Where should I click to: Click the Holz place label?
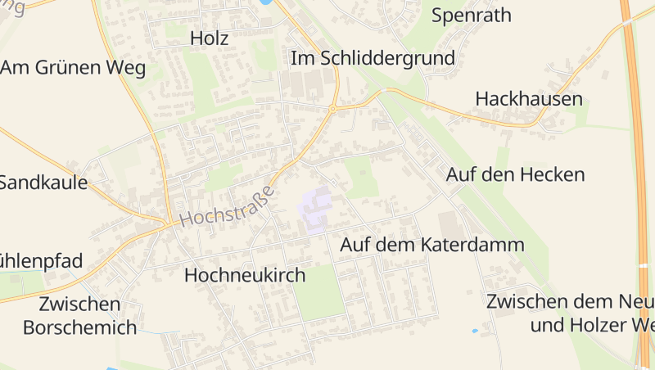coord(209,38)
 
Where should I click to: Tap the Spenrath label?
coord(471,15)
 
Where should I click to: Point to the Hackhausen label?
coord(529,99)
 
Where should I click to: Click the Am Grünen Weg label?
coord(72,67)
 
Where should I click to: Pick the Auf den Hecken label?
coord(515,174)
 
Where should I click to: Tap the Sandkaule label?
coord(43,183)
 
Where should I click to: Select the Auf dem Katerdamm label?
coord(432,245)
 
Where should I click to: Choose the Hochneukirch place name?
coord(245,275)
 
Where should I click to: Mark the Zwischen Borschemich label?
coord(79,316)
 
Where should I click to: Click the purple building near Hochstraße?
coord(316,207)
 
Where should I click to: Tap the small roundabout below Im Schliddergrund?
coord(333,108)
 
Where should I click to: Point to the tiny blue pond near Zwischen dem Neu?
coord(475,331)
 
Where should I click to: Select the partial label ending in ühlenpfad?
coord(41,261)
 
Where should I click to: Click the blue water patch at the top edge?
coord(265,2)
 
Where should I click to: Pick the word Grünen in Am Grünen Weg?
coord(74,67)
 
